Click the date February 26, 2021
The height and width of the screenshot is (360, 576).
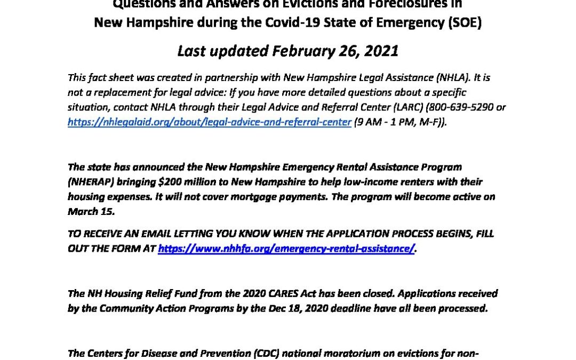pyautogui.click(x=335, y=51)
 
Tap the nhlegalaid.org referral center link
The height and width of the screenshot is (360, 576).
pyautogui.click(x=209, y=122)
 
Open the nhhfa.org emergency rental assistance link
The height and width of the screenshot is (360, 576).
pyautogui.click(x=286, y=248)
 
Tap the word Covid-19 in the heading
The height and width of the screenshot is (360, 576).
pyautogui.click(x=303, y=23)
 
